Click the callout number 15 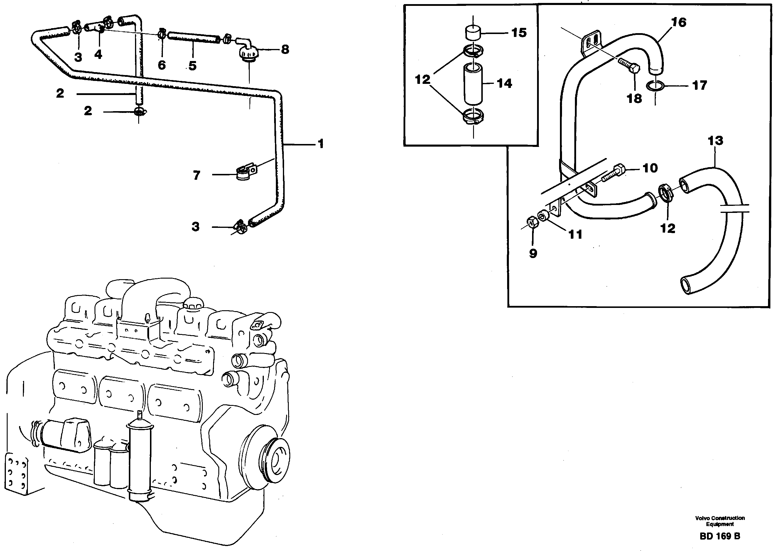click(x=519, y=33)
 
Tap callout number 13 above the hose click(x=715, y=141)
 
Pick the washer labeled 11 click(x=543, y=216)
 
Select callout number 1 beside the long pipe click(x=320, y=144)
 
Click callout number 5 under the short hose click(x=193, y=66)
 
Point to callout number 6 click(x=162, y=65)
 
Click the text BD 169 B click(x=720, y=536)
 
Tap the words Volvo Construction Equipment click(x=720, y=521)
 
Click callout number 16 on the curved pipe click(x=679, y=22)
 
